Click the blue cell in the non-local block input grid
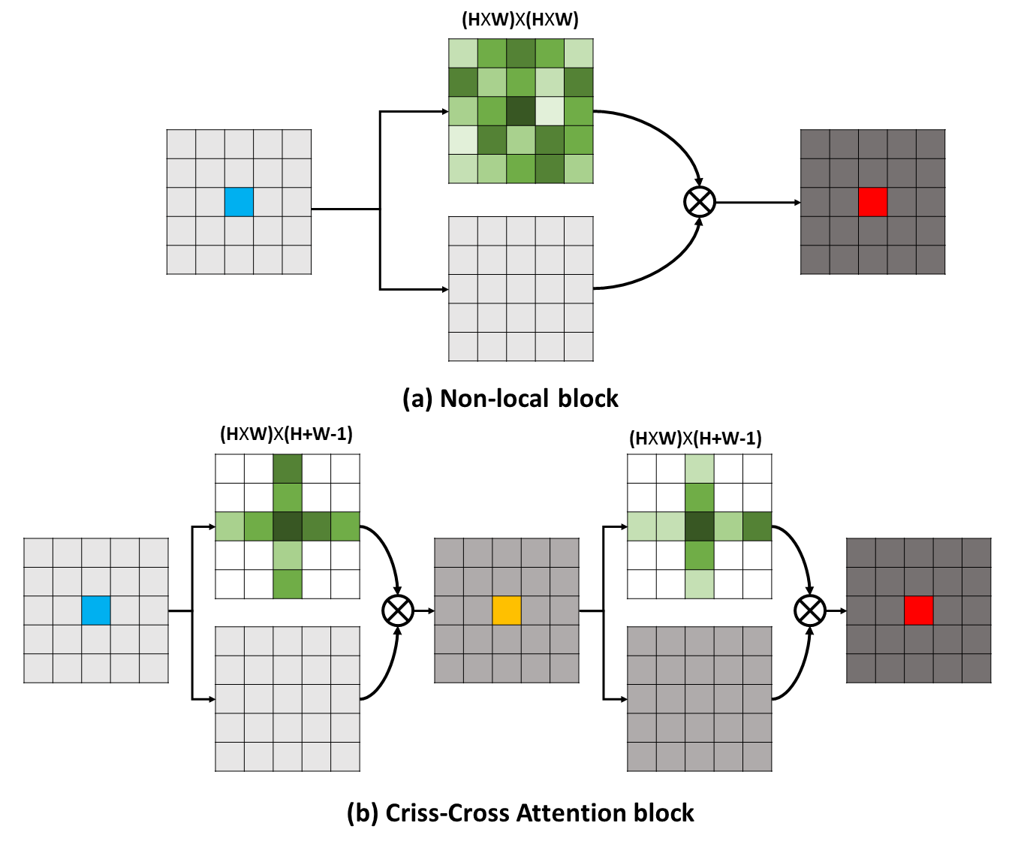coord(239,202)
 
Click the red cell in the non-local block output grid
coord(872,202)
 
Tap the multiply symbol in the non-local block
coord(700,201)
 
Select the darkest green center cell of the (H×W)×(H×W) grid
coord(520,111)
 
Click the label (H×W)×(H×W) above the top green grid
coord(520,20)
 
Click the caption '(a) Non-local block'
coord(511,398)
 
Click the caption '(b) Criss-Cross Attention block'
coord(520,812)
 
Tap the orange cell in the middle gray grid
coord(507,610)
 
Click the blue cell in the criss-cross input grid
coord(96,610)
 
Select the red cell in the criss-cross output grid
coord(918,610)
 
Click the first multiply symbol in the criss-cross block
coord(398,610)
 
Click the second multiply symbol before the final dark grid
coord(809,610)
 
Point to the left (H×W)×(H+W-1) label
coord(286,434)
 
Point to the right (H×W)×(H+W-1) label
coord(695,439)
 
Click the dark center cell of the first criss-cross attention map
coord(288,526)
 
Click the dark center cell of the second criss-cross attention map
coord(699,526)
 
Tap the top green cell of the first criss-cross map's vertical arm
coord(288,469)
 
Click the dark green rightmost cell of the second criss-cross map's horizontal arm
coord(757,526)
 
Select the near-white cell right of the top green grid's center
coord(550,111)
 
